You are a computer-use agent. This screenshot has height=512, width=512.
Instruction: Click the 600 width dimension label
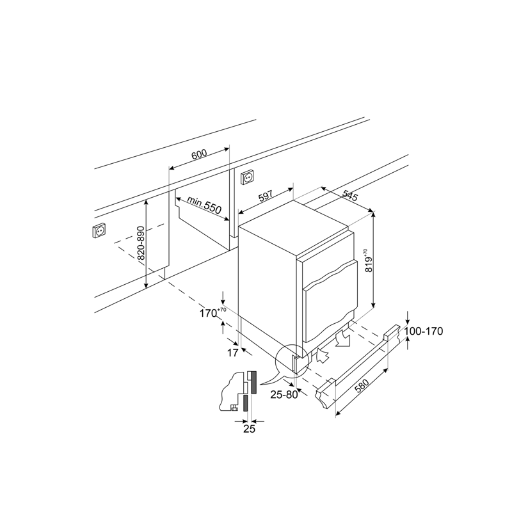point(199,154)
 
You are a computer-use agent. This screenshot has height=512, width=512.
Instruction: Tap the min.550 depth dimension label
point(204,205)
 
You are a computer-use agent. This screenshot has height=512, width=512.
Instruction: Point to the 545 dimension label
point(350,195)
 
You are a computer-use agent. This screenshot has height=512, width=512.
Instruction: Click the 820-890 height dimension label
point(141,243)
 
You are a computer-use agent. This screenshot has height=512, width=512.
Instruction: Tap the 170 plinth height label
point(212,312)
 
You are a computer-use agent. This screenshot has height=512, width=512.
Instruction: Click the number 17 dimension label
point(232,353)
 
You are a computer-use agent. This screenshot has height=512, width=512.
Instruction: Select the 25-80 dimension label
point(284,395)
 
